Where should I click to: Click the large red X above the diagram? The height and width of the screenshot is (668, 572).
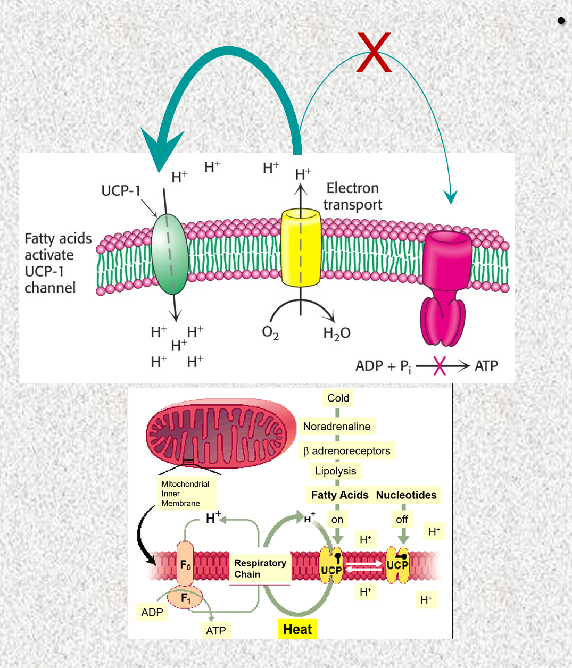tap(374, 53)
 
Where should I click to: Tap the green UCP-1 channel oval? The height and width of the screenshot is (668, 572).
tap(170, 254)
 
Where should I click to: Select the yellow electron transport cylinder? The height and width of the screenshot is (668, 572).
tap(301, 248)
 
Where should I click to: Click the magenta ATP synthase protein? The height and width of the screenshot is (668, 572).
tap(445, 287)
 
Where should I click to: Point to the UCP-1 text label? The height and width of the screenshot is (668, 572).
tap(121, 190)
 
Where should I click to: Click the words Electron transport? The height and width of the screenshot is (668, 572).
tap(353, 196)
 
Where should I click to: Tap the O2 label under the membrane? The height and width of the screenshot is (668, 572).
tap(270, 333)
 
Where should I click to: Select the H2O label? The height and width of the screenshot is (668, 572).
tap(337, 333)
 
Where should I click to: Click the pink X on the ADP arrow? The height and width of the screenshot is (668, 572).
tap(440, 365)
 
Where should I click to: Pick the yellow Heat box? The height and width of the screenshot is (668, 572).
tap(297, 629)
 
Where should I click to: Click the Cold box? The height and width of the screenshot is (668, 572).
tap(338, 398)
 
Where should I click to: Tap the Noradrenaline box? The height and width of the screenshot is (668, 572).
tap(337, 426)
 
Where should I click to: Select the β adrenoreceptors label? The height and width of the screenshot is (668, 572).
tap(347, 451)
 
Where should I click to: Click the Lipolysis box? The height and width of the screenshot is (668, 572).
tap(336, 471)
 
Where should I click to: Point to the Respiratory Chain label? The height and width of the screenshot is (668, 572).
tap(260, 569)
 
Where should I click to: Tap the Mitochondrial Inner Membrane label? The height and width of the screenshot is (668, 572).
tap(186, 494)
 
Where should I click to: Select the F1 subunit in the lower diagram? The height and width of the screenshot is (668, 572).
tap(185, 598)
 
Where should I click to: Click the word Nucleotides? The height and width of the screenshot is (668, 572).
tap(406, 495)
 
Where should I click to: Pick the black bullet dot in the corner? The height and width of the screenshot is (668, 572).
tap(561, 21)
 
